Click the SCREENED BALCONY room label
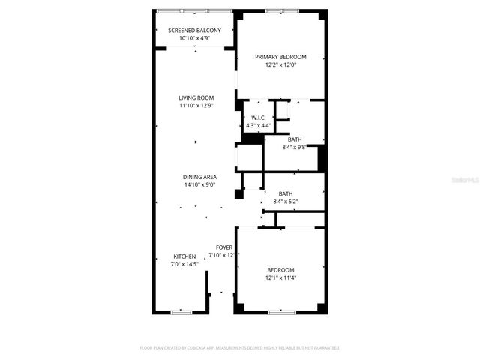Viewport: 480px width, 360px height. point(194,31)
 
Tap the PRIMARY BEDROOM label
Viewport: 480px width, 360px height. point(280,57)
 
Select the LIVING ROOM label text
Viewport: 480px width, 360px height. point(196,97)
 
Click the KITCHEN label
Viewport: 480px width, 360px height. point(184,256)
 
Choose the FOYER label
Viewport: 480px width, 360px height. point(224,247)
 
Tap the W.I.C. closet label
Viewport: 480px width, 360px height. point(258,118)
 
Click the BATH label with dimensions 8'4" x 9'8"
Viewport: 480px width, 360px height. point(295,139)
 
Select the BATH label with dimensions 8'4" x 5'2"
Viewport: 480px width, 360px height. point(285,193)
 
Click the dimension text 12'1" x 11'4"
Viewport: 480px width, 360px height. point(280,278)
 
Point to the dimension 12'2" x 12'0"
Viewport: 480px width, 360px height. point(280,65)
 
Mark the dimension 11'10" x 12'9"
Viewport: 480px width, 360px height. point(196,106)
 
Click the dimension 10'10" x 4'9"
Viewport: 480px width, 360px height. point(194,39)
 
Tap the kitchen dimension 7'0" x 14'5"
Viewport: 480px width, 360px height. point(185,264)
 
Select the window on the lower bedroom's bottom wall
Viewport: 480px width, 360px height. point(280,311)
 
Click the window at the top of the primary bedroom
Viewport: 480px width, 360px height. point(280,11)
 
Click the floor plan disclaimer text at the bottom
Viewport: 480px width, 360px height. point(240,348)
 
